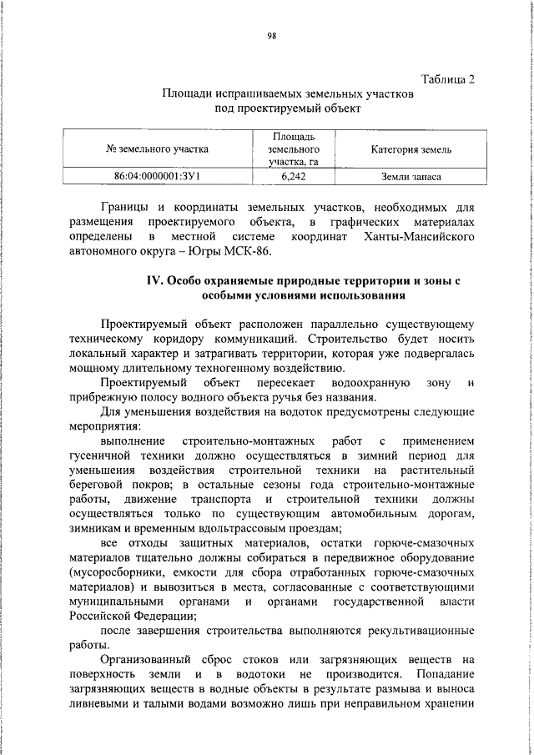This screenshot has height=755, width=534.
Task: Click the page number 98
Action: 271,36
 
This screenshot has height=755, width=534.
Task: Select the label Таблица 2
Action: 448,80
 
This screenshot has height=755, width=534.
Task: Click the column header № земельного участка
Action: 158,149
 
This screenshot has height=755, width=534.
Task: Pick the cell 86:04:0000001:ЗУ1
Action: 158,177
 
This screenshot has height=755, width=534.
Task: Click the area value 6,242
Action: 293,177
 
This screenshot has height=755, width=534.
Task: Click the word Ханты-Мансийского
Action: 421,236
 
